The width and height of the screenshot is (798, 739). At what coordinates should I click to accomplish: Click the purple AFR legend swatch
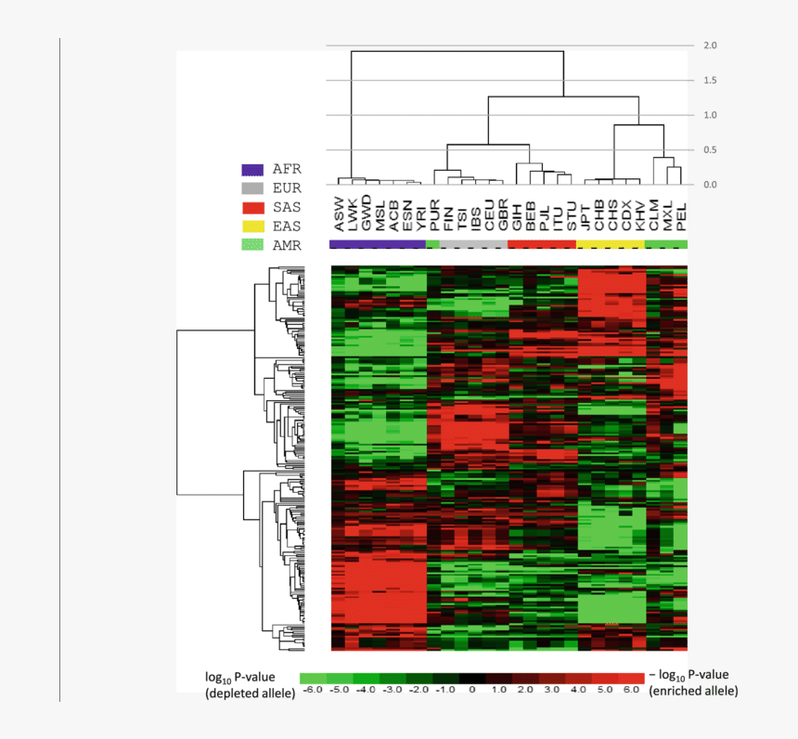253,170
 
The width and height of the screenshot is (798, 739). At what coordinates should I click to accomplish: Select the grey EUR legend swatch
253,188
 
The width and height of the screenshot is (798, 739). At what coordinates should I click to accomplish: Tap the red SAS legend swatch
253,207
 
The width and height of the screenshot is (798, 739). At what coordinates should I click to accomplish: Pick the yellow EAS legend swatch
253,226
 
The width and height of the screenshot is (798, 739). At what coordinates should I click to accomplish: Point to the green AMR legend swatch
253,244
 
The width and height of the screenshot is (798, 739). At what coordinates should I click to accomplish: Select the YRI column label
420,215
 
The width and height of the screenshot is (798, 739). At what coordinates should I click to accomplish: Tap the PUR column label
434,214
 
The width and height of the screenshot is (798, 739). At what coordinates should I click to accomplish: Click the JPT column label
585,214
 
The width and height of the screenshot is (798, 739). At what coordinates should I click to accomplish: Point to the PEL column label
681,215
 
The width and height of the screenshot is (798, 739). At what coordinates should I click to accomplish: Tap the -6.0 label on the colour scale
313,689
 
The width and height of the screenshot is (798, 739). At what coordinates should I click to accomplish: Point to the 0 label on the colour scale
472,689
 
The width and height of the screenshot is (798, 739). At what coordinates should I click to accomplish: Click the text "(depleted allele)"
251,693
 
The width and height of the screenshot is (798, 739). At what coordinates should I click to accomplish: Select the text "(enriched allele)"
694,692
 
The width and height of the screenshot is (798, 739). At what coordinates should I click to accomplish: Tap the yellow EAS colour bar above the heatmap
611,243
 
